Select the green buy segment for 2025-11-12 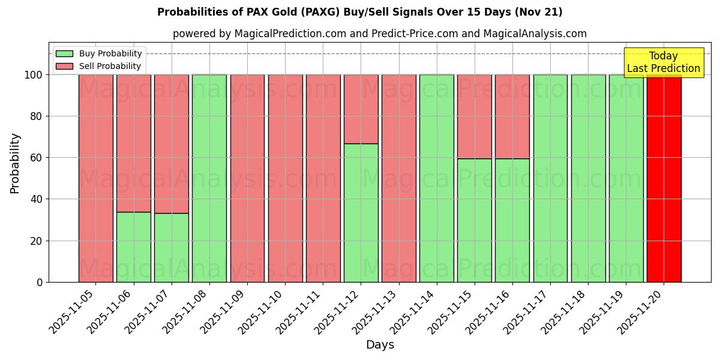[361, 212]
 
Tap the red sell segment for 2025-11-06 [133, 143]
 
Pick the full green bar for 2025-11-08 [209, 178]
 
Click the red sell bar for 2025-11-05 [95, 178]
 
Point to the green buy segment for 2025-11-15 [474, 220]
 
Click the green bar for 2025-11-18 [588, 178]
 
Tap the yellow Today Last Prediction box [663, 62]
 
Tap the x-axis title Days [380, 345]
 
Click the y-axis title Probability [15, 163]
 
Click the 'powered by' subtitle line [379, 34]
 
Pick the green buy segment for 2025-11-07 [171, 247]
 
